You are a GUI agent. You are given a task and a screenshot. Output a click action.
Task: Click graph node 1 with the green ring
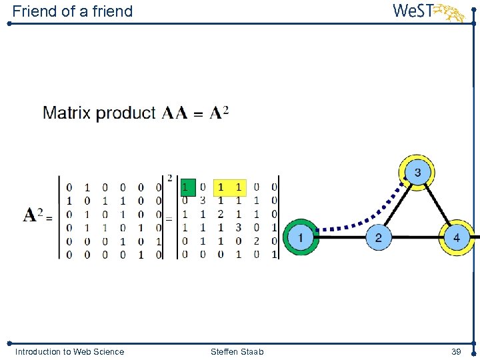tap(301, 237)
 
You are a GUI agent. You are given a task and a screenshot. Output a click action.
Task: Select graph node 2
tap(378, 237)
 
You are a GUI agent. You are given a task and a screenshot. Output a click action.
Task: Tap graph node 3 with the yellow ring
tap(417, 173)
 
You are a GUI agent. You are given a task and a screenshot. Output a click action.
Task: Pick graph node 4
tap(456, 237)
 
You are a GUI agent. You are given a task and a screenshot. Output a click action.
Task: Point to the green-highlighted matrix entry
tap(188, 187)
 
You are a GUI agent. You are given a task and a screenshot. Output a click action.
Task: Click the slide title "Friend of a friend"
tap(72, 11)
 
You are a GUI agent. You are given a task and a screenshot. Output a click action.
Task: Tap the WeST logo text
tap(414, 11)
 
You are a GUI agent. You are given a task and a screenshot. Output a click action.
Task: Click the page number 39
tap(456, 351)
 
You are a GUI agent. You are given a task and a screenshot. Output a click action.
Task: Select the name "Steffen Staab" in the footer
tap(237, 351)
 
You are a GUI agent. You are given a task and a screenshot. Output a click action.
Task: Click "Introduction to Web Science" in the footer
tap(69, 351)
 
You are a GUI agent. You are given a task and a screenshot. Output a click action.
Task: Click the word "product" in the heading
tap(126, 113)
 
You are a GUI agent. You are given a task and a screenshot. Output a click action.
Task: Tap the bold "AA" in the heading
tap(175, 113)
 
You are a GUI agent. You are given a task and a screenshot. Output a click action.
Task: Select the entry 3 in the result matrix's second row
tap(203, 201)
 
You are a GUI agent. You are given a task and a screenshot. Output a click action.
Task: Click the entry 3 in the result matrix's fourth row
tap(239, 227)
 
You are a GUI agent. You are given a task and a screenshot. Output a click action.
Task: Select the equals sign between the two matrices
tap(169, 217)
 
